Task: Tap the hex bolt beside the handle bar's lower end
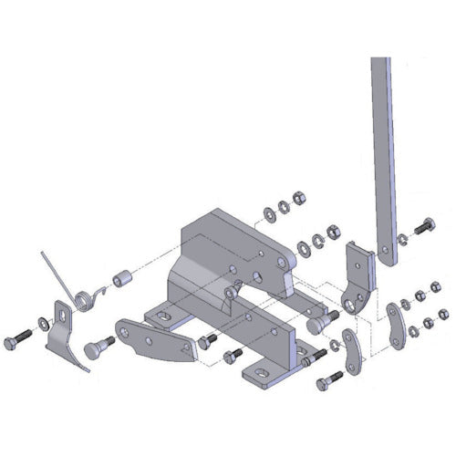tap(424, 225)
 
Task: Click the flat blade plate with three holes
tap(150, 338)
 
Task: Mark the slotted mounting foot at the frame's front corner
tap(266, 373)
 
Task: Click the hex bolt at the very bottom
tap(325, 382)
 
